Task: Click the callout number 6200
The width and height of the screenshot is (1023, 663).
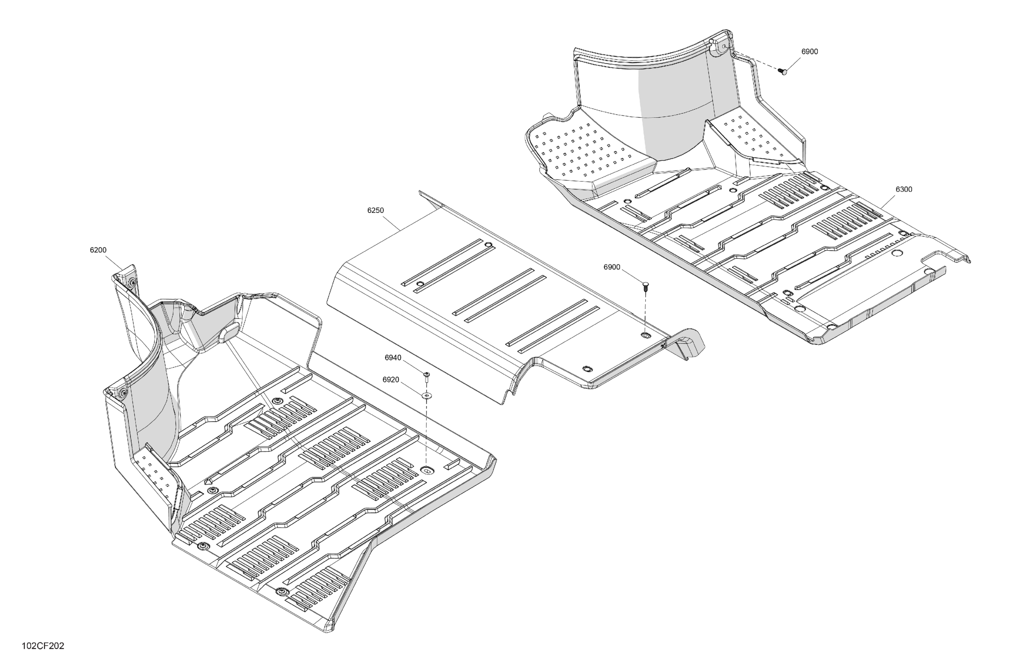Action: pos(98,250)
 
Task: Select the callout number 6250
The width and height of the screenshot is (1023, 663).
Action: pos(375,211)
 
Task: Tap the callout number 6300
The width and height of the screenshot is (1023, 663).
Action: pos(904,190)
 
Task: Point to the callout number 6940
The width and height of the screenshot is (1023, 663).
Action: pos(393,358)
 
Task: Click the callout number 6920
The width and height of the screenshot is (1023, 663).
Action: pos(391,380)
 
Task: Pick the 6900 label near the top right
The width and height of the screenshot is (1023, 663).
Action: pos(809,51)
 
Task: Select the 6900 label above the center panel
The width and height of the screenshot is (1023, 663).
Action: pos(612,267)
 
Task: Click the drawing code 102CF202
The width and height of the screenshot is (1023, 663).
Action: pos(43,646)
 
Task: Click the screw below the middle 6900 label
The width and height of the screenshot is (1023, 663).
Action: pos(645,286)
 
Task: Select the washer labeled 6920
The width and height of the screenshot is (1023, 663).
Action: pos(427,395)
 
